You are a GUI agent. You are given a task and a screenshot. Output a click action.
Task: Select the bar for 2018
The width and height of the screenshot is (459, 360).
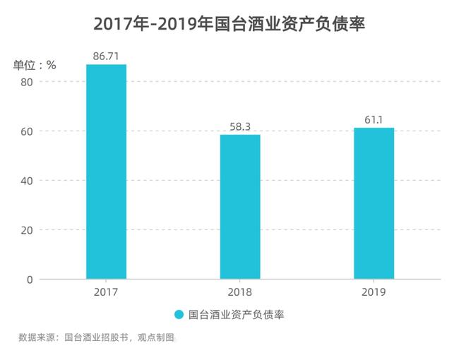point(240,206)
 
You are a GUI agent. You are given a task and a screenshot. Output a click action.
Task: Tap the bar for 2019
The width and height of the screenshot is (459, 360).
point(374,203)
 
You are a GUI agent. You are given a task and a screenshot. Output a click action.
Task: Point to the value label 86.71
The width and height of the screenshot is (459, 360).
point(106,55)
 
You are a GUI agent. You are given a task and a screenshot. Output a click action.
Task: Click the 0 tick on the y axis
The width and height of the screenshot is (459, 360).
point(29,280)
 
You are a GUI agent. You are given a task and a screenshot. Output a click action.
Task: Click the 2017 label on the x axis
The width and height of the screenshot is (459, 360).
point(106,291)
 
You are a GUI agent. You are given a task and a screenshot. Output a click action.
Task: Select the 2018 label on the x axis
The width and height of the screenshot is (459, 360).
point(240,291)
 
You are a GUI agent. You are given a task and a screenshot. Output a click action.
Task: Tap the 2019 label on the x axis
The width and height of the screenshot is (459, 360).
point(374,291)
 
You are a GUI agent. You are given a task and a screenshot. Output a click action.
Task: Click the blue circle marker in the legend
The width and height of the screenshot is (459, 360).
point(179,315)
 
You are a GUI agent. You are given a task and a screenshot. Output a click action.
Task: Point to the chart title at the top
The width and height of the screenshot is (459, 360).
point(229,24)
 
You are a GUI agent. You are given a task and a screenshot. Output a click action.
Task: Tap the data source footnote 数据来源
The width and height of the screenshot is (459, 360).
point(37,337)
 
